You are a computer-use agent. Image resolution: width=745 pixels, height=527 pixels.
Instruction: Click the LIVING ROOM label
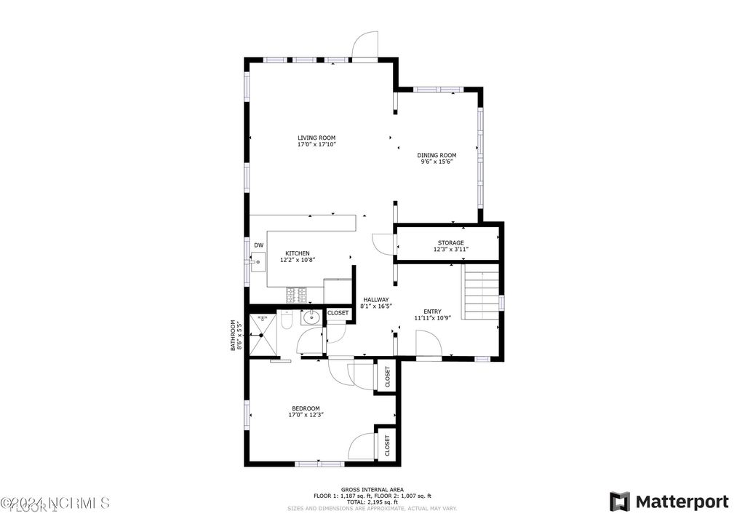coord(316,138)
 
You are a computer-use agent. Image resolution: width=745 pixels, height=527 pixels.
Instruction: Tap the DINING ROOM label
coord(437,155)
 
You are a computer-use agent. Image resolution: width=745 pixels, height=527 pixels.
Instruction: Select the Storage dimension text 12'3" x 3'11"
coord(450,250)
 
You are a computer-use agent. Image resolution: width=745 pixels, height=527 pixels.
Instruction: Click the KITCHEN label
coord(297,253)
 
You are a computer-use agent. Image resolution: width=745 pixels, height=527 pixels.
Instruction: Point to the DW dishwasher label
coord(258,245)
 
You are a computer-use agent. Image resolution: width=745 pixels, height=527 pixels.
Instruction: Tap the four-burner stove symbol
coord(296,295)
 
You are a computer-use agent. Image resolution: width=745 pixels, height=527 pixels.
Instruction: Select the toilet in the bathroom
coord(286,321)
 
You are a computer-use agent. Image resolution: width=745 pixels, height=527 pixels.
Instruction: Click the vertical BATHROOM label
coord(234,336)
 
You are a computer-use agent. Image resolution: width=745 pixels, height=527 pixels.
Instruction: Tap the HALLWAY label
coord(376,300)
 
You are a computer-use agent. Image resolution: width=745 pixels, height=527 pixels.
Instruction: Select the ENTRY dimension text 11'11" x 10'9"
coord(433,318)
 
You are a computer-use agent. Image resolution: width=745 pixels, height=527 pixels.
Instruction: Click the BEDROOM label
coord(306,408)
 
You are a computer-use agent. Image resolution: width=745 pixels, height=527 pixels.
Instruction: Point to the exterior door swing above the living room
coord(365,44)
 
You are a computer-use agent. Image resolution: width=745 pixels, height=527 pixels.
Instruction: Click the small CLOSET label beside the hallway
coord(338,313)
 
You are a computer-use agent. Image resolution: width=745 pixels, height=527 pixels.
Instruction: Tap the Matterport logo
coord(669,502)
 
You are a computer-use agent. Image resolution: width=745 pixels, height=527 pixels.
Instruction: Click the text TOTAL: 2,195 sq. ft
coord(371,502)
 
